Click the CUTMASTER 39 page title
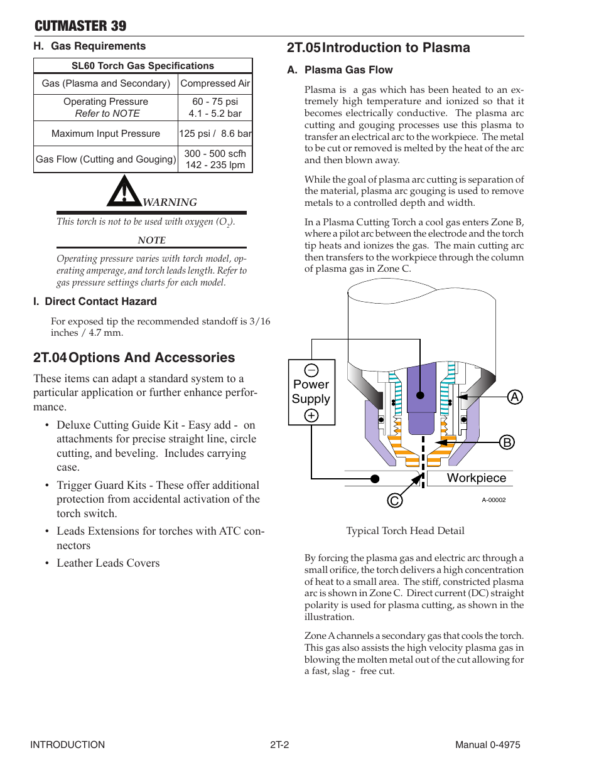click(x=80, y=26)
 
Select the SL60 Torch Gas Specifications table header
click(x=143, y=66)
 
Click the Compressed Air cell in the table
click(x=215, y=83)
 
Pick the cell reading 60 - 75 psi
click(x=215, y=102)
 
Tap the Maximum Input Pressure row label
click(x=105, y=134)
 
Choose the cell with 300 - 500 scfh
click(x=215, y=154)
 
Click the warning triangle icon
click(x=124, y=192)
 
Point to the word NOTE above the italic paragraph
click(x=151, y=240)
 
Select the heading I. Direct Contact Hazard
click(x=95, y=302)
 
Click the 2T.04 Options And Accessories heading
click(x=134, y=358)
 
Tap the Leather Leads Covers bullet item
click(x=108, y=563)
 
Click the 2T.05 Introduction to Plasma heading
click(x=378, y=48)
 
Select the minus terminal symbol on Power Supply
click(x=311, y=370)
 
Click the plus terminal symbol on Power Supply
click(x=311, y=415)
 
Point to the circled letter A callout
click(x=515, y=397)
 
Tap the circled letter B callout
click(x=507, y=442)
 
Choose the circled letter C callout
click(x=394, y=500)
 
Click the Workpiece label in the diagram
click(x=476, y=478)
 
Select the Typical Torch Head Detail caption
click(x=405, y=531)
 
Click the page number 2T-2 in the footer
click(x=279, y=745)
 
